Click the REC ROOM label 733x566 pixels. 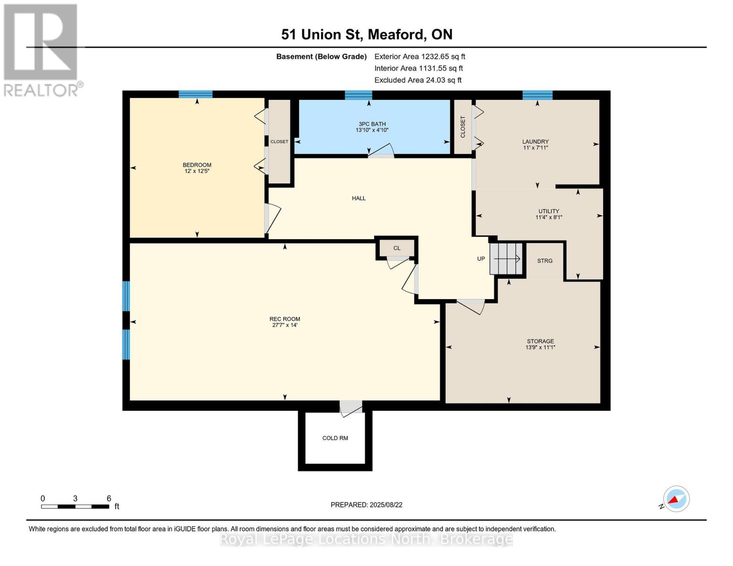click(x=285, y=319)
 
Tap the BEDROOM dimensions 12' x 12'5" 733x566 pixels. click(x=197, y=171)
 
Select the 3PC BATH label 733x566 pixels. click(x=372, y=124)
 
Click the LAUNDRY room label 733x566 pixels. click(x=535, y=141)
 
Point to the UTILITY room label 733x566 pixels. click(x=548, y=211)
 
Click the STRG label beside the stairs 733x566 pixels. click(x=545, y=261)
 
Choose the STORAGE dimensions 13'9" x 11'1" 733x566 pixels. click(x=540, y=348)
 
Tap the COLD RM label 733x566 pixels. click(x=335, y=438)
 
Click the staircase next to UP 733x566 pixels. click(x=506, y=258)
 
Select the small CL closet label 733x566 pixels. click(x=396, y=248)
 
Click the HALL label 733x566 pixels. click(x=359, y=199)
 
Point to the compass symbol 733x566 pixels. click(x=676, y=499)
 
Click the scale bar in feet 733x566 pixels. click(x=75, y=507)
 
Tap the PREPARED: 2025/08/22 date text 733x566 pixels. click(x=366, y=505)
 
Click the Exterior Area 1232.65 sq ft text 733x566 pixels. click(x=420, y=57)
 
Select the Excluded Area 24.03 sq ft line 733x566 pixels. click(x=418, y=80)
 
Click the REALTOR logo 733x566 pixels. click(x=42, y=50)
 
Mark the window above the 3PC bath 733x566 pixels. click(x=359, y=95)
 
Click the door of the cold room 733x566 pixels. click(x=351, y=408)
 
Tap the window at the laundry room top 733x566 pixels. click(x=537, y=95)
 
